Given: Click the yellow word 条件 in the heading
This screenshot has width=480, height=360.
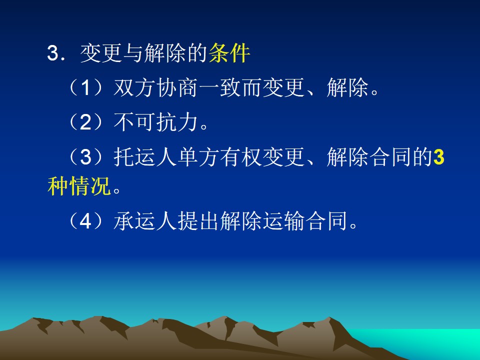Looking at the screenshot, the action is click(x=229, y=53).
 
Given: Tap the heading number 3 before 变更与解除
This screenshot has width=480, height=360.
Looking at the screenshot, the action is click(x=53, y=53).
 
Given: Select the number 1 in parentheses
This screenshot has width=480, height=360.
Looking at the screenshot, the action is click(x=85, y=88).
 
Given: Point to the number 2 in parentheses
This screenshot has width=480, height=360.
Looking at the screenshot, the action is click(x=85, y=122).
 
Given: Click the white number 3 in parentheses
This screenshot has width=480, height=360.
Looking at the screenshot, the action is click(x=85, y=156).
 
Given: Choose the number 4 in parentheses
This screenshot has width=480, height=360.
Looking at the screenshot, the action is click(x=85, y=221).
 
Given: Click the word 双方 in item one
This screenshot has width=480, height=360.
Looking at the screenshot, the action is click(x=134, y=88).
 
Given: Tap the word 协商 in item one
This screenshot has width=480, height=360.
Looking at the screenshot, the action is click(x=177, y=88).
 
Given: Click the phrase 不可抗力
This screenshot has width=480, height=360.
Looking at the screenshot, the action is click(x=155, y=122).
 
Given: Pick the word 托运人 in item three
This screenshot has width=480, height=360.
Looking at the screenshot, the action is click(x=145, y=156).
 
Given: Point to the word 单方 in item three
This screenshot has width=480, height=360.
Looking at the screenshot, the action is click(x=198, y=156).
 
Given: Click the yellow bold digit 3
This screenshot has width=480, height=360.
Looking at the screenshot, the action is click(x=439, y=156).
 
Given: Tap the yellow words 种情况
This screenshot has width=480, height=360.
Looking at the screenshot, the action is click(x=79, y=186).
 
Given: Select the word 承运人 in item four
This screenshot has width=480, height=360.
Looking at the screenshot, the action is click(x=145, y=221).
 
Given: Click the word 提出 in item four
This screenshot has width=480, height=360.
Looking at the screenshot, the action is click(x=198, y=221).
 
